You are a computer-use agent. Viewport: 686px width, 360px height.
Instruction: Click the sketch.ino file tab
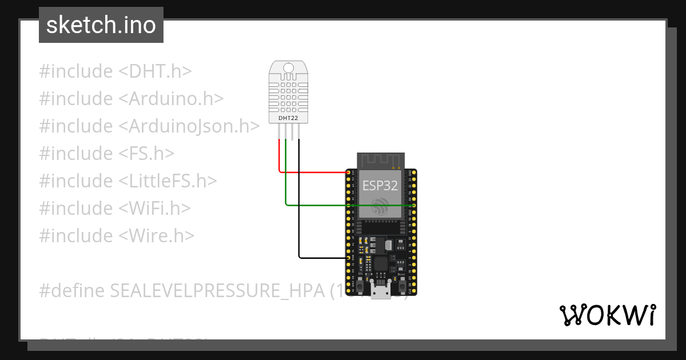click(x=101, y=25)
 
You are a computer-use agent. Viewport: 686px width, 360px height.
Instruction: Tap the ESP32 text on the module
click(x=380, y=185)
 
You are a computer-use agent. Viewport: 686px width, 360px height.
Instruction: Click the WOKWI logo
click(x=607, y=315)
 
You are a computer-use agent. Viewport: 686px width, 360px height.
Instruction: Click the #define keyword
click(x=71, y=291)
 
